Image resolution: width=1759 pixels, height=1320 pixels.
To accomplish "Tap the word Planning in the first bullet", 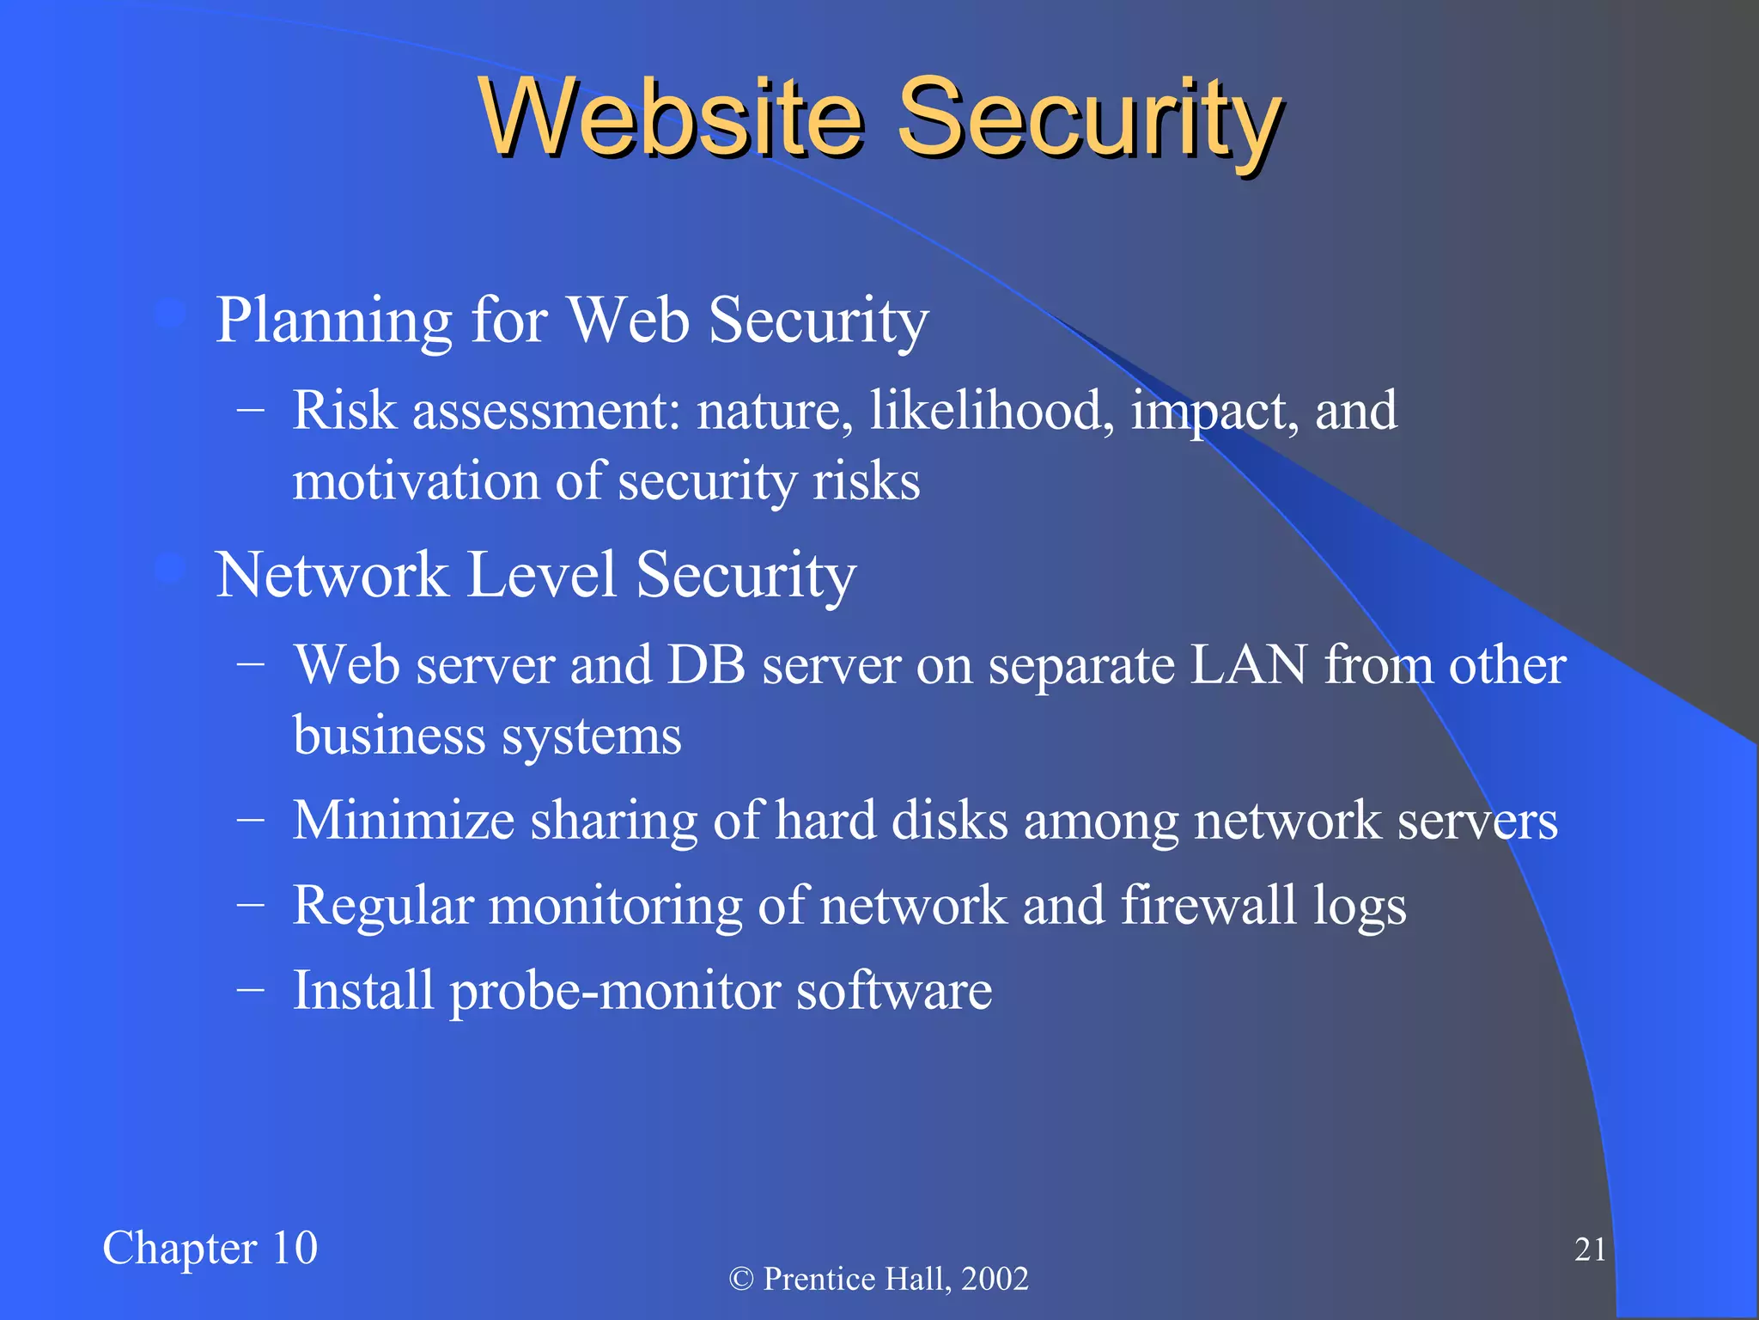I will [x=333, y=321].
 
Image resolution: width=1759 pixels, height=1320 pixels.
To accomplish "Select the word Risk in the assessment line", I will [x=344, y=410].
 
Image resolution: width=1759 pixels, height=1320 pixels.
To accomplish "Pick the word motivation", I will [x=415, y=481].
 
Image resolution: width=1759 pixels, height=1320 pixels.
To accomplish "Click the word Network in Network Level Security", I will [x=331, y=574].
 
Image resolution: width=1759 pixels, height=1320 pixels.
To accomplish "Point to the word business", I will [x=389, y=736].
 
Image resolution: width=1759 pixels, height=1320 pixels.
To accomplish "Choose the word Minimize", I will [x=404, y=820].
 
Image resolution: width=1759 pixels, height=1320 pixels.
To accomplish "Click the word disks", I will [x=949, y=820].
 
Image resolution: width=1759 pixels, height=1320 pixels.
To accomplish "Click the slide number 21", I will [x=1590, y=1250].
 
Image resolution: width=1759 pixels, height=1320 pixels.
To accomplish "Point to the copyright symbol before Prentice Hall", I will [x=740, y=1280].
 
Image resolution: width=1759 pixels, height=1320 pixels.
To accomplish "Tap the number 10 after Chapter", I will [x=295, y=1248].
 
